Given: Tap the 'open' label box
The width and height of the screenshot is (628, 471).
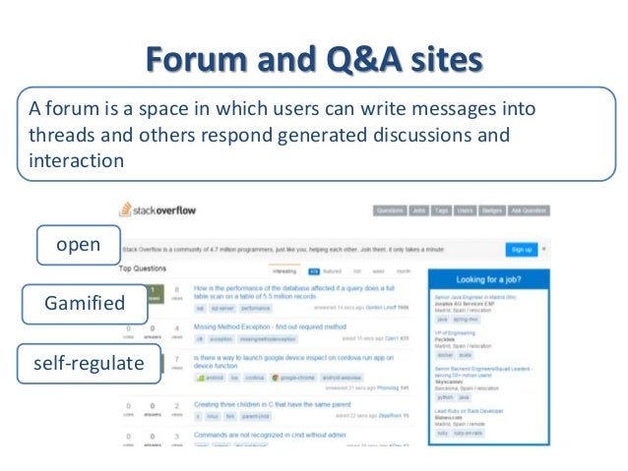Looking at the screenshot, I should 79,245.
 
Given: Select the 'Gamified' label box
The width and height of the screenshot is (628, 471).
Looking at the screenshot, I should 86,304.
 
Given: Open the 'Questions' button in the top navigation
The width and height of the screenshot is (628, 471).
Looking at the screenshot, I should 390,210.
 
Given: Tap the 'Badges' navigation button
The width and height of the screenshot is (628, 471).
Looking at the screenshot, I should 493,210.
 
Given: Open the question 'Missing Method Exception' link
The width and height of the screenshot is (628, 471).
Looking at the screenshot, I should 257,324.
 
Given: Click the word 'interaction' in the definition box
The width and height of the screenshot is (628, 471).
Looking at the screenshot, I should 77,160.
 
